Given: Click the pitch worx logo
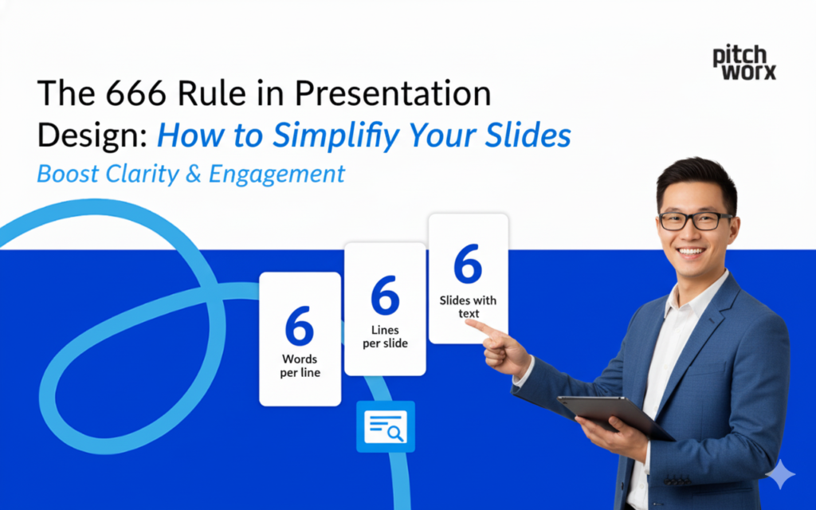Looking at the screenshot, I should [x=743, y=62].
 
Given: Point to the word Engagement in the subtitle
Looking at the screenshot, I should [x=277, y=174].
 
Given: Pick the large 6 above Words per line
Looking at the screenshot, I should [x=299, y=325].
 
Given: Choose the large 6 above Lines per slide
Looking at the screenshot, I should [x=385, y=296].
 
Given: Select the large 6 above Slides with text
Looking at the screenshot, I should [x=468, y=265].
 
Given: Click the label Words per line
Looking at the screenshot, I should [x=300, y=366].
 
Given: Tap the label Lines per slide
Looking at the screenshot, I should [x=385, y=336].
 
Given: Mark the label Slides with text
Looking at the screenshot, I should [x=468, y=307].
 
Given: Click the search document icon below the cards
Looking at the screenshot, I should [x=385, y=427].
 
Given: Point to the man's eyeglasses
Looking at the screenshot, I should [x=695, y=219].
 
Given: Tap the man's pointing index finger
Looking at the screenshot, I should [x=481, y=327].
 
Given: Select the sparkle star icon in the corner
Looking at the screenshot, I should [x=780, y=476].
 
